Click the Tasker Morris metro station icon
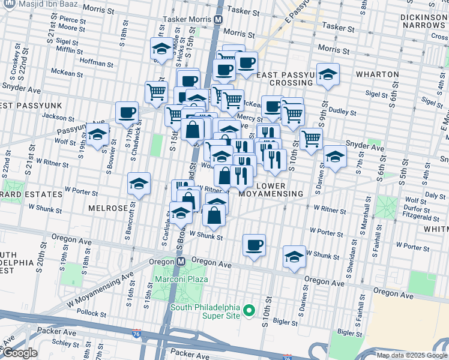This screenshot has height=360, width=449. coord(219,19)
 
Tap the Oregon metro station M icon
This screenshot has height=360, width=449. coord(180,262)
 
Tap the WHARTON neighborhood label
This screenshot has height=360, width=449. coord(377,74)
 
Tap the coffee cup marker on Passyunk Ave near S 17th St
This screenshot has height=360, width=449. coord(127,112)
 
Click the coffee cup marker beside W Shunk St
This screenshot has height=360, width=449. coord(254,245)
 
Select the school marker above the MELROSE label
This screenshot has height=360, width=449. coord(139,184)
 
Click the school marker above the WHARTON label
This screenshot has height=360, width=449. coord(328,75)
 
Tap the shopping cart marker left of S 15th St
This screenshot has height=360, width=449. coord(156,92)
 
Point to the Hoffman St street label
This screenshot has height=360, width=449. coord(92,61)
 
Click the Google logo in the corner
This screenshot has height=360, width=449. coord(20,353)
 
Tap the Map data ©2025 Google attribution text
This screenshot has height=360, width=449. coord(411,355)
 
